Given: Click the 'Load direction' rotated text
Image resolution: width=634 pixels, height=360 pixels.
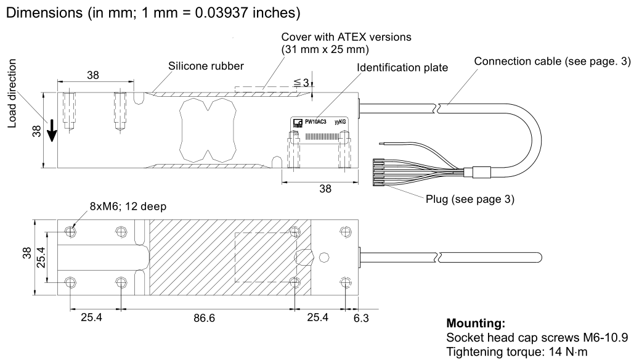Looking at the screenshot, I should tap(13, 95).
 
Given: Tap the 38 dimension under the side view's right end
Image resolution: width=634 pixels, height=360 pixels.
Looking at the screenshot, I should tap(320, 190).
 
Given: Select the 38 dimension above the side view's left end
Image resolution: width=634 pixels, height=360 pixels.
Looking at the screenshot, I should tap(94, 75).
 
